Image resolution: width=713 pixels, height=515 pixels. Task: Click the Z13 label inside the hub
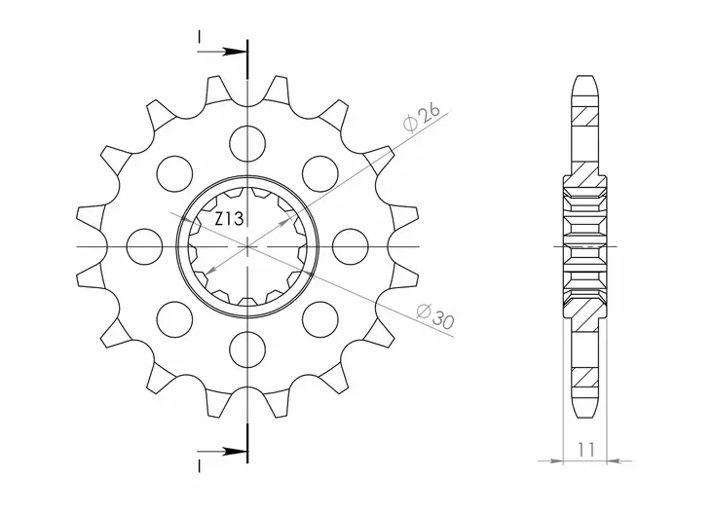pos(230,220)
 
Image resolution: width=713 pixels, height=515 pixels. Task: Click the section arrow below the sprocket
pos(223,451)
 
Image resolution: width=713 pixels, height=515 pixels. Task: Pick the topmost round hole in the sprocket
pos(248,145)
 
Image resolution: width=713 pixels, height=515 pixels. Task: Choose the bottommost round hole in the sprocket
pos(248,348)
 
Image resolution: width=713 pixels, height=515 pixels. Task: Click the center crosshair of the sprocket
pos(248,246)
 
